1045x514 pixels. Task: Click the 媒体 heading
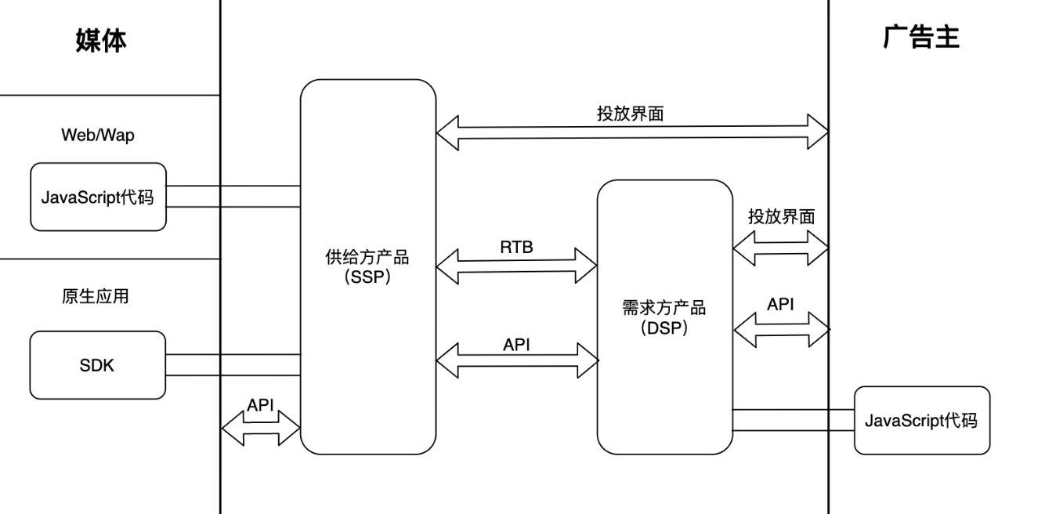pos(101,40)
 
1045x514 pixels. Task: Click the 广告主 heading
pos(921,37)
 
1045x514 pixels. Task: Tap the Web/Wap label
pos(98,136)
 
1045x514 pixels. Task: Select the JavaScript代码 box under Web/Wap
pos(98,197)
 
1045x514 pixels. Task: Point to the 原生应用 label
pos(95,297)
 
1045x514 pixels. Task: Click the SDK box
pos(98,365)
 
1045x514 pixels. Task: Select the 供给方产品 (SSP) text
pos(367,267)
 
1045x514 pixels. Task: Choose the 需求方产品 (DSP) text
pos(664,317)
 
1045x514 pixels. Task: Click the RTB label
pos(516,248)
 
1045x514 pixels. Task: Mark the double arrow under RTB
pos(517,266)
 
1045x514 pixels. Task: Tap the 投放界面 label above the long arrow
pos(631,114)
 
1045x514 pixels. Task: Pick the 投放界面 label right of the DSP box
pos(781,216)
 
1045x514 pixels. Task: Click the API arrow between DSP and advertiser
pos(781,324)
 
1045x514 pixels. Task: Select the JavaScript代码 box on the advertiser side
pos(921,420)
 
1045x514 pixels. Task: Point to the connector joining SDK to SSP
pos(233,365)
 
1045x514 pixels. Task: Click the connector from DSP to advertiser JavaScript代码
pos(793,420)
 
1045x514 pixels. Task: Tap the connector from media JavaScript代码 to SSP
pos(233,197)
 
